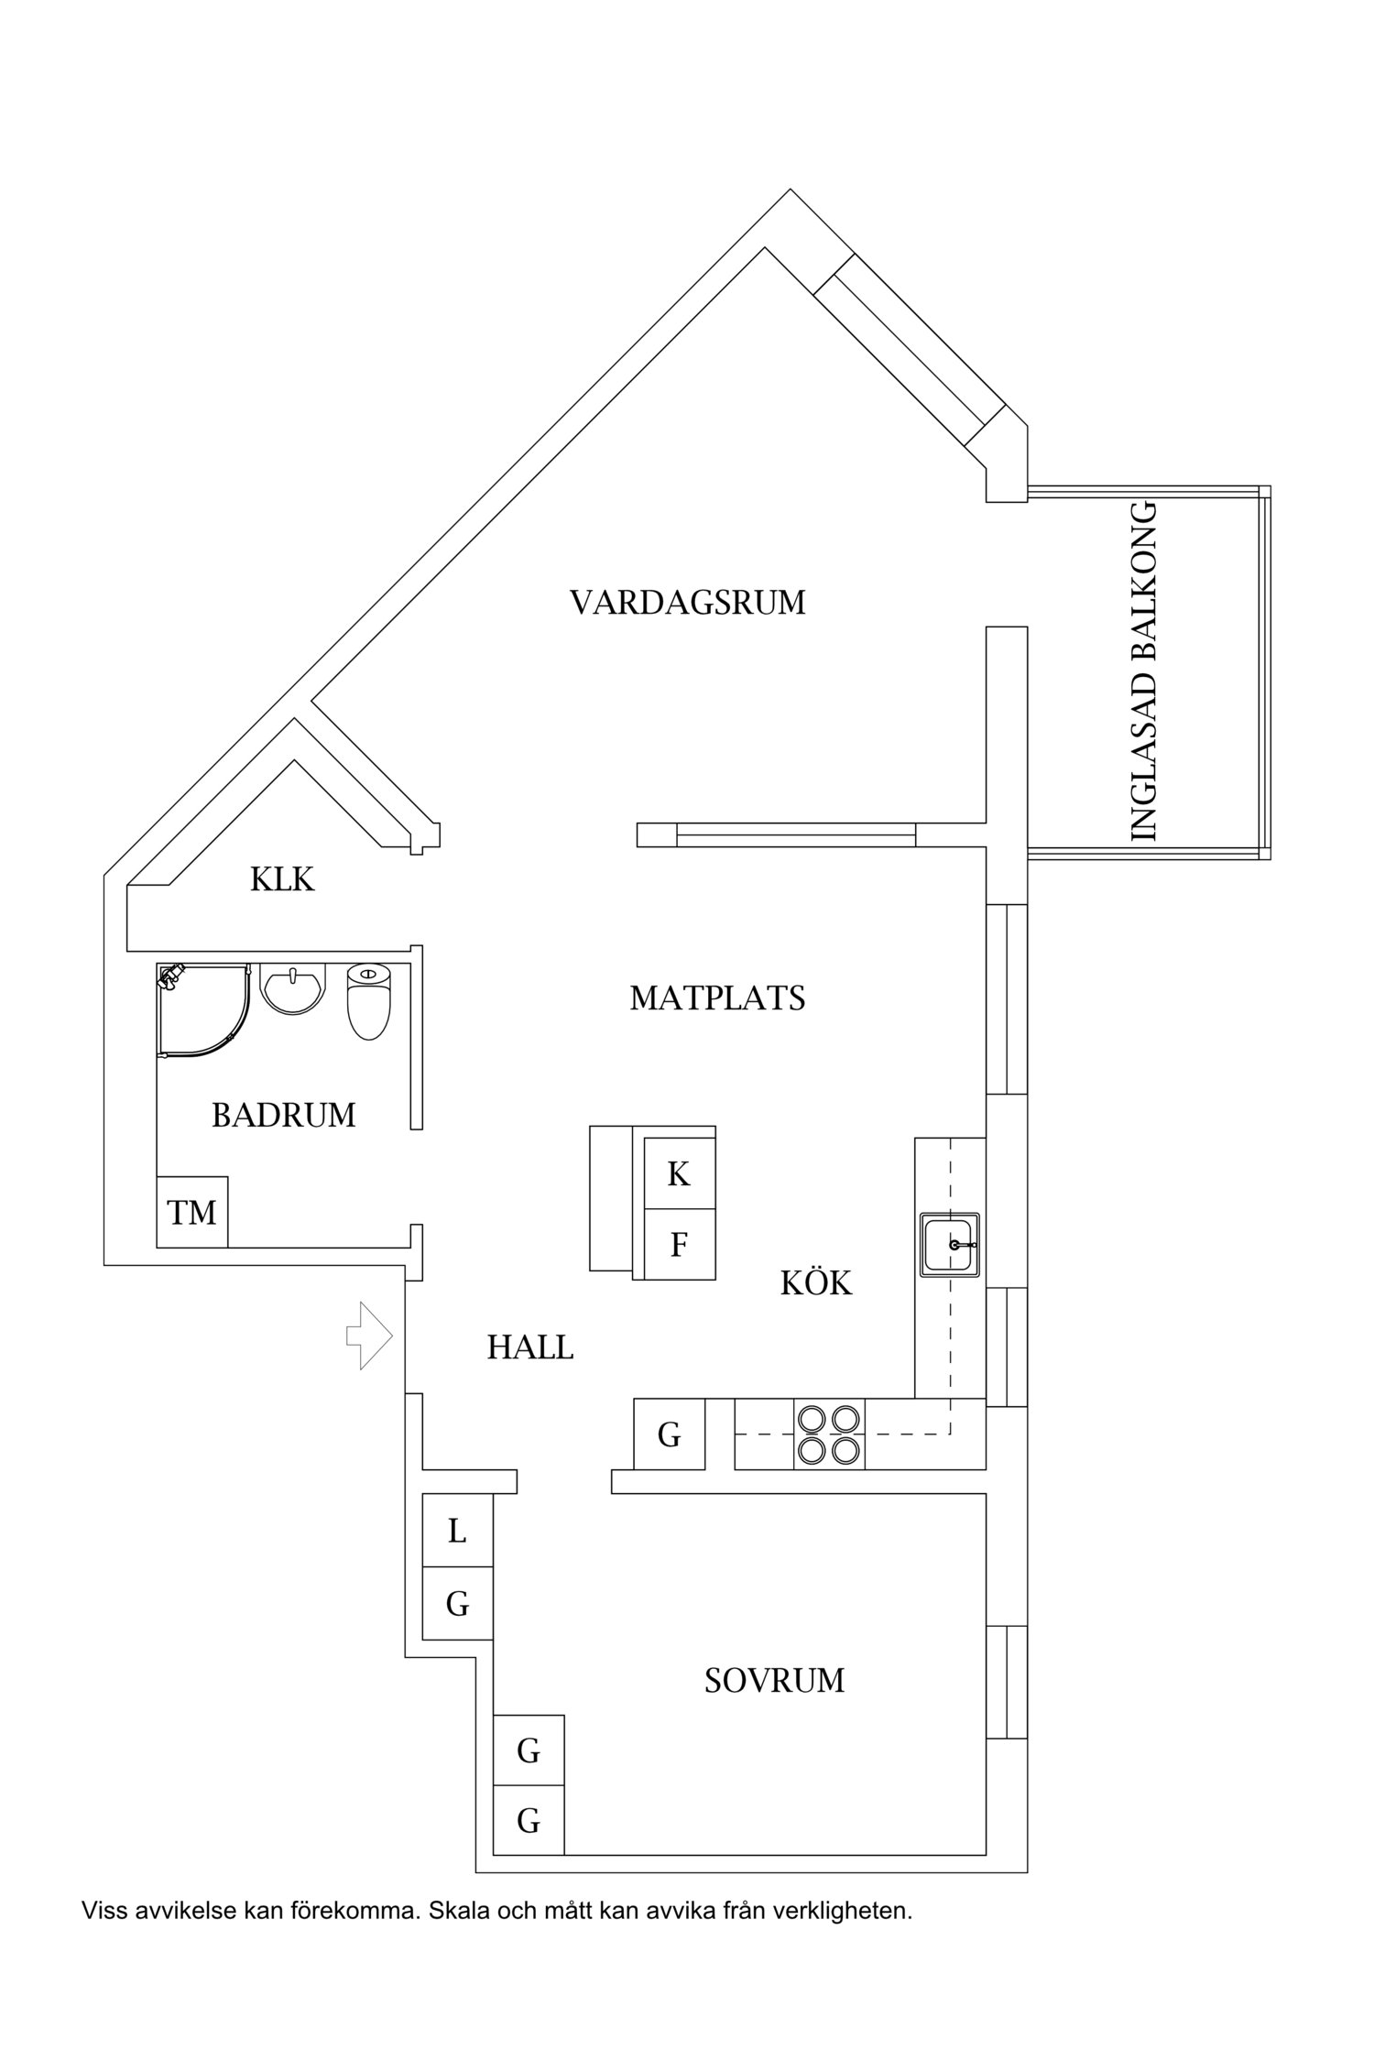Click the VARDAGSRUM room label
pos(687,603)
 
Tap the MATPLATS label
pos(717,998)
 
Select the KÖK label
pos(816,1283)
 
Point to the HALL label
pos(530,1347)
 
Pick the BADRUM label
pos(284,1115)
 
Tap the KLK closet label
pos(282,879)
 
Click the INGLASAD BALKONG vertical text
pos(1145,671)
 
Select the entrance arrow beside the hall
pos(368,1336)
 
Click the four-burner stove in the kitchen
pos(830,1434)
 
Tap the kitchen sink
pos(950,1245)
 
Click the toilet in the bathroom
pos(369,1001)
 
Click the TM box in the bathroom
pos(192,1212)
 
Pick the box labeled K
pos(679,1173)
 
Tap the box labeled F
pos(679,1245)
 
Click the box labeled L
pos(457,1530)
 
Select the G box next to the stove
pos(670,1434)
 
